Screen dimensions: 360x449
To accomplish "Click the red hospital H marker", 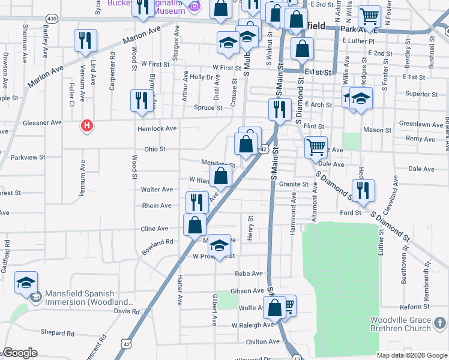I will click(88, 126).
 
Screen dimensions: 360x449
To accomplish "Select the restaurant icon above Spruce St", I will click(142, 100).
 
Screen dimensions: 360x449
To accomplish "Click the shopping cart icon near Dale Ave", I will click(316, 146).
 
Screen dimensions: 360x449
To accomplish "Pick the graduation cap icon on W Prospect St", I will click(220, 245).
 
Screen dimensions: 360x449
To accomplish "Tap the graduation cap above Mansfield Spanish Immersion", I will click(26, 282).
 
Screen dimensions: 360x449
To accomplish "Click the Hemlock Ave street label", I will click(157, 128).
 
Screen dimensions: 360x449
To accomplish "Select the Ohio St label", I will click(154, 149).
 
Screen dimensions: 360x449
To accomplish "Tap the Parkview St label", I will click(28, 158).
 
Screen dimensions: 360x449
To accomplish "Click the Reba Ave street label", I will click(249, 273).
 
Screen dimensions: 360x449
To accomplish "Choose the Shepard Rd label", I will click(58, 333).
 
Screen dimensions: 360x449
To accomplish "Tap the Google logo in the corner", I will click(20, 353).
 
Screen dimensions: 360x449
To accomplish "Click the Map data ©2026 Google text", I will click(412, 355).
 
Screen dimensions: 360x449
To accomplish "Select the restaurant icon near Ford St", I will click(364, 190).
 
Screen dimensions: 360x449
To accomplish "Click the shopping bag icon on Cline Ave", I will click(195, 225).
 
